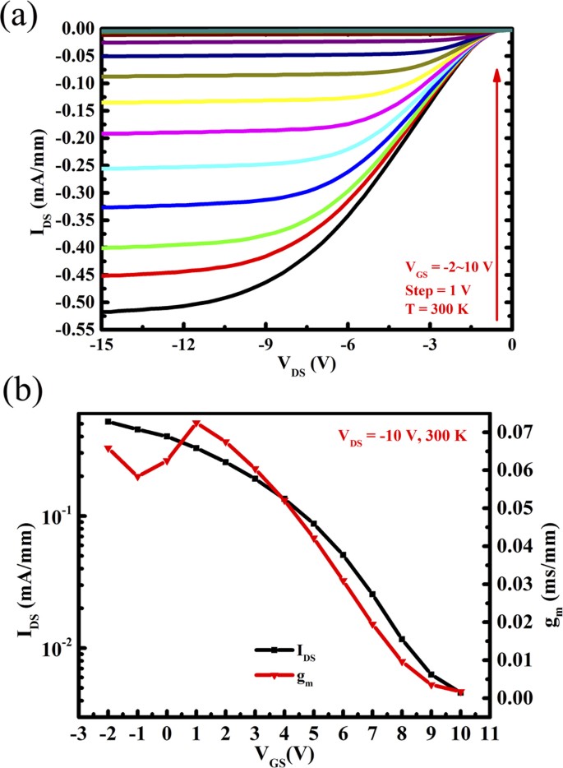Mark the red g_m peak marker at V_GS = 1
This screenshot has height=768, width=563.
coord(196,424)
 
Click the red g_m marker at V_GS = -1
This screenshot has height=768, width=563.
coord(138,476)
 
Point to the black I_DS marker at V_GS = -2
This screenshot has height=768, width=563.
coord(108,421)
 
